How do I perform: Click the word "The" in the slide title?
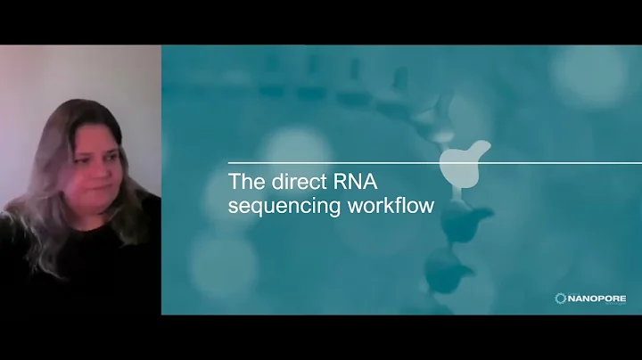tap(245, 184)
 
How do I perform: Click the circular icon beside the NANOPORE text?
tap(561, 298)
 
